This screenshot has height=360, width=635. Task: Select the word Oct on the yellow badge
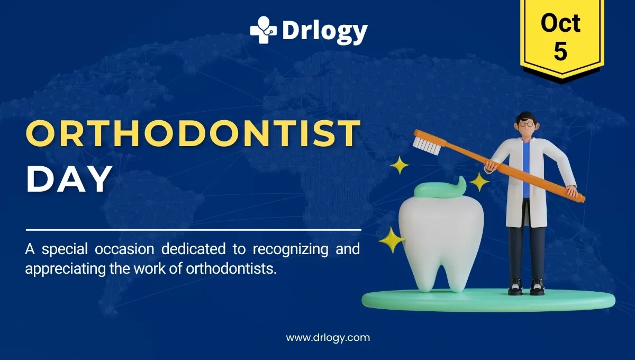560,23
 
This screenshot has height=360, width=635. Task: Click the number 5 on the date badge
560,51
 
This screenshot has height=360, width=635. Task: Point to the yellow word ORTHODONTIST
193,134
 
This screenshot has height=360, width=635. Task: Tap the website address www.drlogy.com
328,337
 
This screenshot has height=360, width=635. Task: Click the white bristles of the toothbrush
427,145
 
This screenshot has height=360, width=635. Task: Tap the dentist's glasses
525,124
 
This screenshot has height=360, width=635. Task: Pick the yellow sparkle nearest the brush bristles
400,166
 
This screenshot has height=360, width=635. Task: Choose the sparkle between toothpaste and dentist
479,182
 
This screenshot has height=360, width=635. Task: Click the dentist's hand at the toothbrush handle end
571,191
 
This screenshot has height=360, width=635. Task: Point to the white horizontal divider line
193,230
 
